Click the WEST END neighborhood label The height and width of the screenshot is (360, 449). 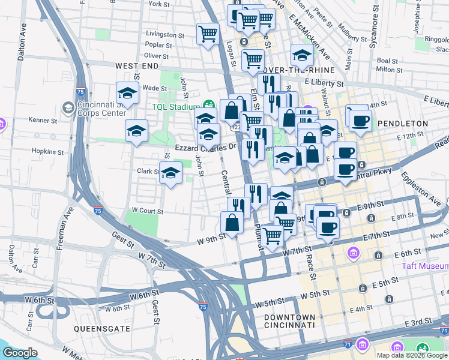[137, 65]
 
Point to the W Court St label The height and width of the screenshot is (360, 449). [147, 211]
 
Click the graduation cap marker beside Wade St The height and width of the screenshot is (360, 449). [127, 93]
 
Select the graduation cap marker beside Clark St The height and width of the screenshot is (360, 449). [171, 173]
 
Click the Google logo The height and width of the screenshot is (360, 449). [20, 353]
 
